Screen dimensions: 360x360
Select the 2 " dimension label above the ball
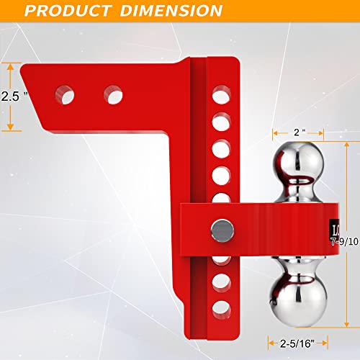pos(298,132)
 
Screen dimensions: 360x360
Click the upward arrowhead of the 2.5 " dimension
pos(10,65)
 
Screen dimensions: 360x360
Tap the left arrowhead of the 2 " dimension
pos(274,133)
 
